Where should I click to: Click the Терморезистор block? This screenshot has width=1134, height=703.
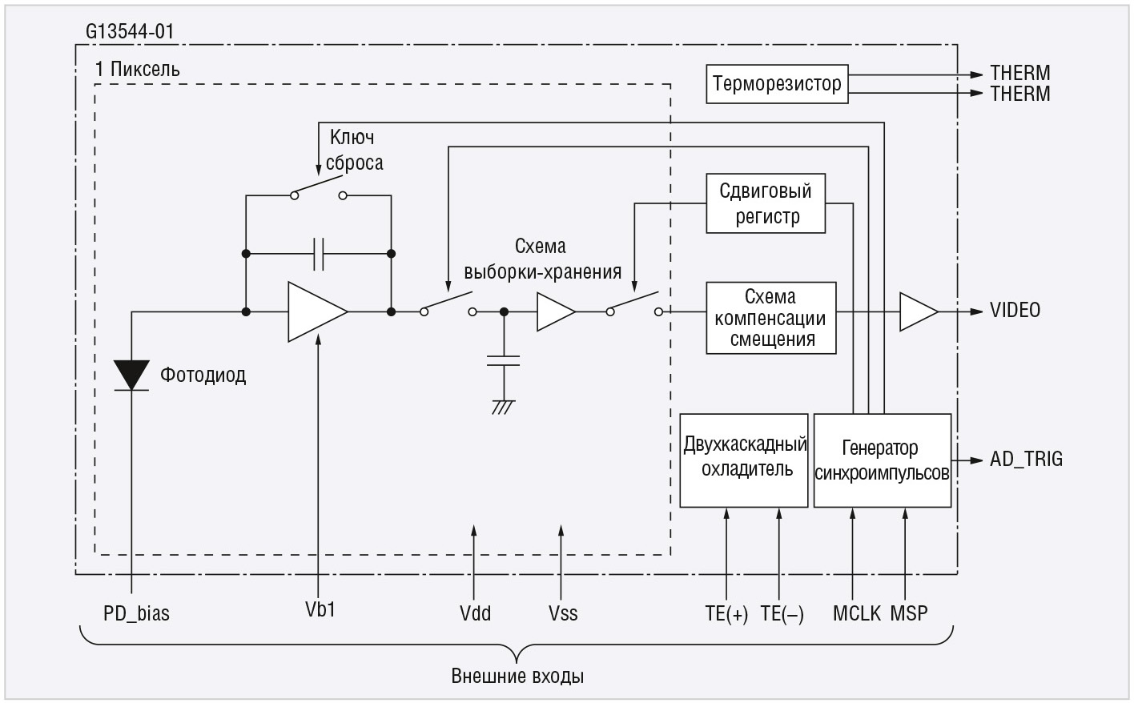coord(776,84)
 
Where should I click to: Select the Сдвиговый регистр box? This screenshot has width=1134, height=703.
coord(766,204)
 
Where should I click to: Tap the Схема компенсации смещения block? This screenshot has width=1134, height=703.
coord(770,318)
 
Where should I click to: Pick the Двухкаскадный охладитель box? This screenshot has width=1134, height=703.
coord(744,460)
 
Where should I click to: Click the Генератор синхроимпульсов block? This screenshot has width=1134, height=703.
coord(882,460)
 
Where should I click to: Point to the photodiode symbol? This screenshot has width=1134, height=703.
coord(131,376)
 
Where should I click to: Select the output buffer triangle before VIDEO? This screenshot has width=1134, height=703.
coord(917,311)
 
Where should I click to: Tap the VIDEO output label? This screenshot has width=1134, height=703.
coord(1015,311)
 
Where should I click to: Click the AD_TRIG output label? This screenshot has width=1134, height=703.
coord(1026,460)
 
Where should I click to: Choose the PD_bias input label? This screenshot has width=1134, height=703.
coord(136,614)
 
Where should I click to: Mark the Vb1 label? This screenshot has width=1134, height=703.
coord(320,609)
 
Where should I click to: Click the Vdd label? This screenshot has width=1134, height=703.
coord(475,614)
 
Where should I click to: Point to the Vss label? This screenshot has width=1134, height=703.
coord(563,614)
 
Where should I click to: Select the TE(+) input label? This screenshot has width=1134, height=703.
coord(726,614)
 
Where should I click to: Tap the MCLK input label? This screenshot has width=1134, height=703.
coord(856,614)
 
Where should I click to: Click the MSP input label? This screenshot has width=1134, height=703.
coord(909,614)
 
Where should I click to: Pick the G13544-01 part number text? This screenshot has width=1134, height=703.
coord(130,33)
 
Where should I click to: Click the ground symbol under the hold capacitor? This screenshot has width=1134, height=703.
coord(503,408)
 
